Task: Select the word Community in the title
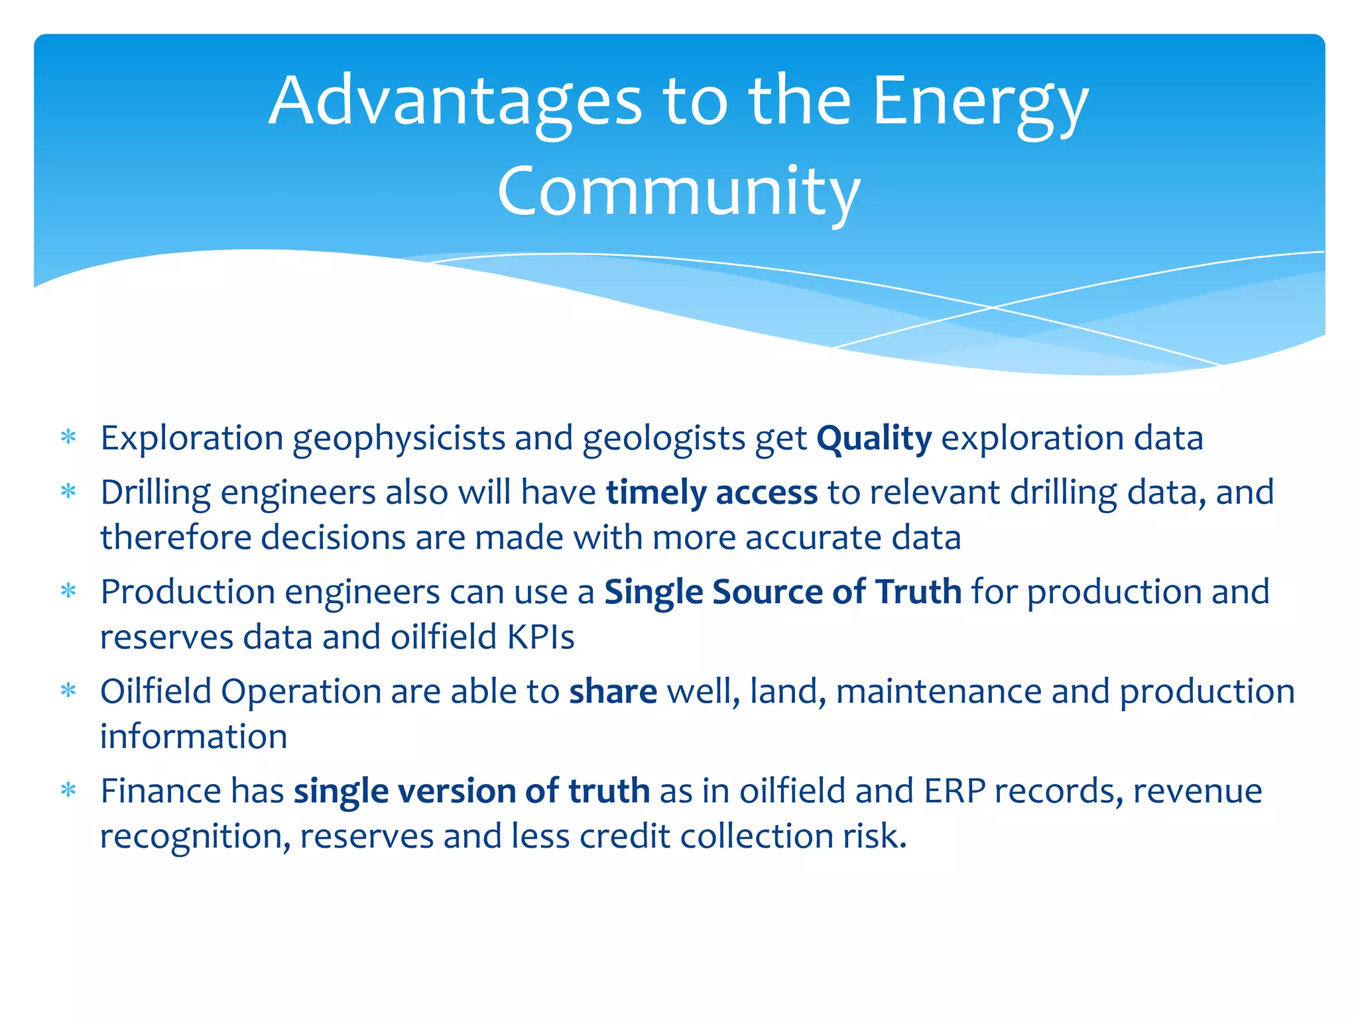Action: click(678, 192)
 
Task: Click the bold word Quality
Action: click(873, 438)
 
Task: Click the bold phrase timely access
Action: click(711, 492)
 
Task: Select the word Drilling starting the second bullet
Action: click(155, 492)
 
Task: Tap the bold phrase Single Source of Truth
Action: click(782, 592)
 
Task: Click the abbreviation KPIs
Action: click(540, 637)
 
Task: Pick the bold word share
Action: click(613, 691)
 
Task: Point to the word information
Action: click(194, 736)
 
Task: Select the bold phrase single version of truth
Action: click(471, 791)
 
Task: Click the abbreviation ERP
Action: click(954, 791)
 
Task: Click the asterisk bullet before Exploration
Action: click(68, 437)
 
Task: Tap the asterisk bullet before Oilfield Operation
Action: click(68, 691)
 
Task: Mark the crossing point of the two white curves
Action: click(993, 308)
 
